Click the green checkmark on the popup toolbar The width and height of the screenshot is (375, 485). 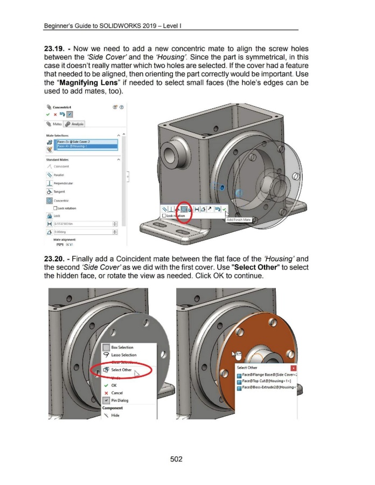(224, 209)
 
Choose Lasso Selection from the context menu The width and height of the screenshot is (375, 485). (125, 355)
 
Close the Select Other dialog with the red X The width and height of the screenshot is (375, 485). (293, 368)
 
